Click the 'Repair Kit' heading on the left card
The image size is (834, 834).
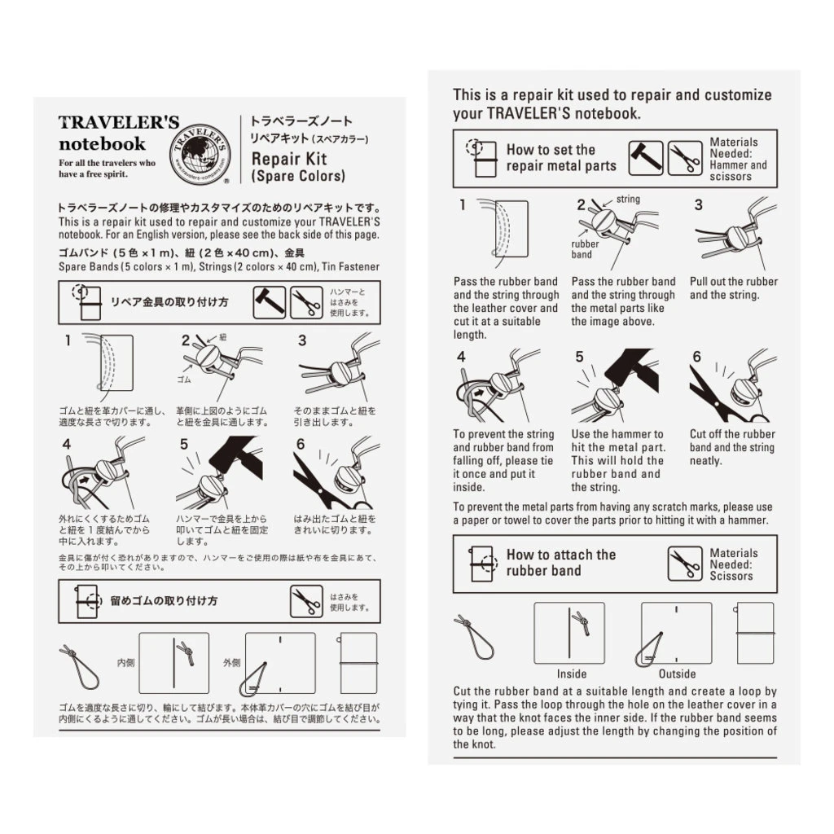point(289,159)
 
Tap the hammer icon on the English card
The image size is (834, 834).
point(644,158)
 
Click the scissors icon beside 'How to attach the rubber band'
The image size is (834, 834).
point(684,564)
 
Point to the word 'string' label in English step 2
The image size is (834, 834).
point(628,199)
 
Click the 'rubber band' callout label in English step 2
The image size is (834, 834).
point(585,249)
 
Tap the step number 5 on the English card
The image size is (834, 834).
point(579,357)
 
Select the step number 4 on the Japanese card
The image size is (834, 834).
point(67,445)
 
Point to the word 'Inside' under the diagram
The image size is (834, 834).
point(572,674)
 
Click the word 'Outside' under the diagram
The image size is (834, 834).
point(677,674)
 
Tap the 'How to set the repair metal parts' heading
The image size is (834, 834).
point(560,158)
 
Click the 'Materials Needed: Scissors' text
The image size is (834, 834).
point(733,564)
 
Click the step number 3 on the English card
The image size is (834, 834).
point(698,205)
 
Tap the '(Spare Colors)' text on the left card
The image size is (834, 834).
point(298,176)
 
